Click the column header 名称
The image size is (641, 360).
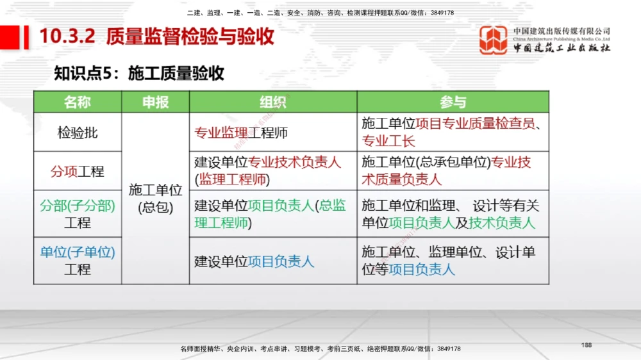[x=78, y=102]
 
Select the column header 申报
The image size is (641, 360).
[x=155, y=102]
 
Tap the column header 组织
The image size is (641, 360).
[x=273, y=102]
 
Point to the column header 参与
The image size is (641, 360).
[x=453, y=102]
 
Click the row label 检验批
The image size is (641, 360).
[x=78, y=133]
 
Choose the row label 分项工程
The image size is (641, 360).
[x=78, y=172]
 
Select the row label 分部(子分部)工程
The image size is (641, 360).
[x=78, y=214]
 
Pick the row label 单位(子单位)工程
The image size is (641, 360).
[x=78, y=261]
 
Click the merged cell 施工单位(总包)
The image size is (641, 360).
[x=155, y=199]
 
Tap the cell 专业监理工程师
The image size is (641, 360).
[x=241, y=133]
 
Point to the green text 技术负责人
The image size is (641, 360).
[x=502, y=223]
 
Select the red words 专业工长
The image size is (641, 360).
[x=388, y=142]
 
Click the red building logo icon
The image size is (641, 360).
[x=494, y=40]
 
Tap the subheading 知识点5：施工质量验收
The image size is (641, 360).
[x=139, y=73]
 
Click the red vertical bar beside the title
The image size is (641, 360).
[x=27, y=37]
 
